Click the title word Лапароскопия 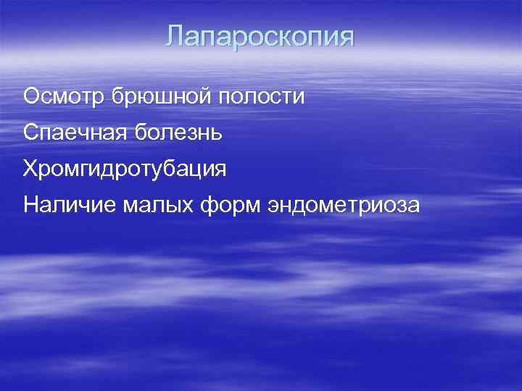pos(261,37)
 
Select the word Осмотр pos(62,96)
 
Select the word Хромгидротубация pos(125,169)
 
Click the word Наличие pos(64,205)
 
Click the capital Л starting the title pos(175,37)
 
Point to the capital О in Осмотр pos(31,96)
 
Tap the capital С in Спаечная pos(31,133)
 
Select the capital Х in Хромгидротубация pos(30,169)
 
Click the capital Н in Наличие pos(30,205)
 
